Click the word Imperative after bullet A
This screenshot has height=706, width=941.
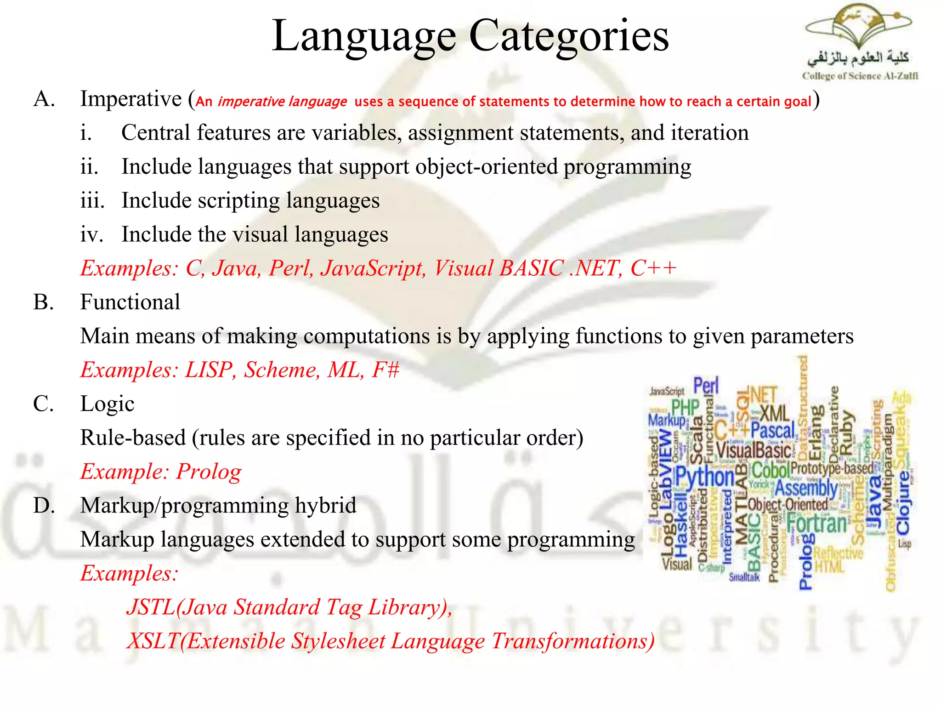point(131,99)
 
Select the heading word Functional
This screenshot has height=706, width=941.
point(130,302)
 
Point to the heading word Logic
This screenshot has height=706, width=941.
point(107,404)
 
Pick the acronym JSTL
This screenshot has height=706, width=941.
point(151,608)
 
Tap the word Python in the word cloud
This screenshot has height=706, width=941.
point(705,477)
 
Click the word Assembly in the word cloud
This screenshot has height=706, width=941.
point(806,488)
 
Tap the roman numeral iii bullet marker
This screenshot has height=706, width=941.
point(92,201)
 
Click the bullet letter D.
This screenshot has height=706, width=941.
point(44,506)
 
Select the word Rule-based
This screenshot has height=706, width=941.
point(133,438)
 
